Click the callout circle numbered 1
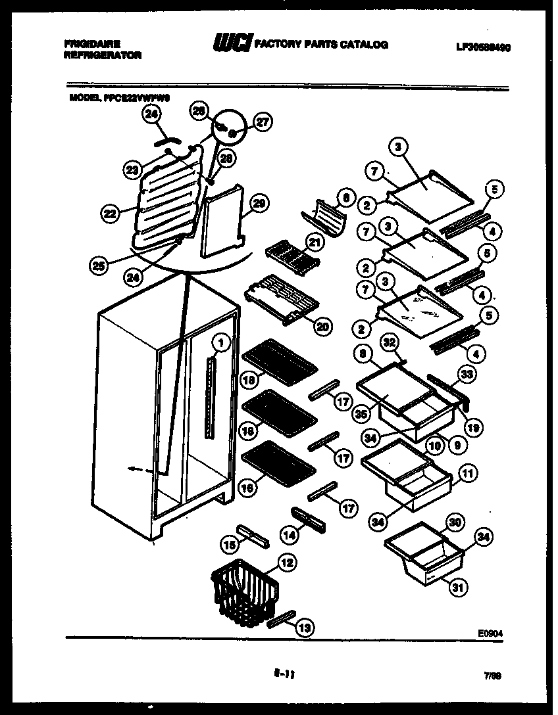[x=222, y=342]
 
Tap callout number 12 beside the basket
[x=288, y=563]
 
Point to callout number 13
[x=304, y=628]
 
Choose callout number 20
[x=322, y=326]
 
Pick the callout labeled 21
[x=315, y=243]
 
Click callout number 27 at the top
[x=263, y=122]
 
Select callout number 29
[x=259, y=204]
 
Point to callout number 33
[x=467, y=375]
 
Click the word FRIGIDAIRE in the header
[x=88, y=44]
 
